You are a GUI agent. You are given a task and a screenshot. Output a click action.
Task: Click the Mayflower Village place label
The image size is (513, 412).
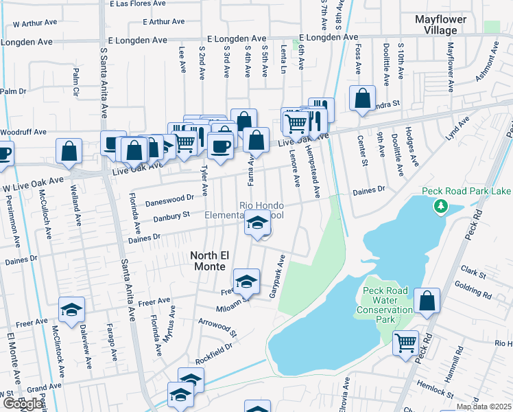[x=440, y=25]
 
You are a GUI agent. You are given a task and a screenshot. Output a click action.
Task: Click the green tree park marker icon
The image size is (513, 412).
[x=442, y=205]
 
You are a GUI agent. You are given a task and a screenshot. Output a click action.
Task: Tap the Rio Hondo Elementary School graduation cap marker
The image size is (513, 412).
[x=257, y=225]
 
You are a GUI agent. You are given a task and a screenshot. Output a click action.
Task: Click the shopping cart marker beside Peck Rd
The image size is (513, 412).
[x=405, y=341]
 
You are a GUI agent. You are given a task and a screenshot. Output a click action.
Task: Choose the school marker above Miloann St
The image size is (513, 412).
[x=246, y=281]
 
